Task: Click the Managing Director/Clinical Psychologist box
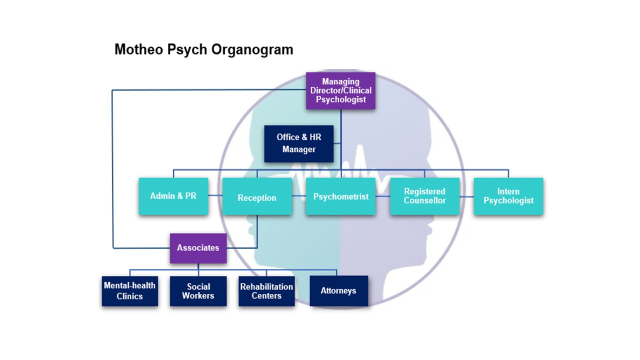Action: click(340, 90)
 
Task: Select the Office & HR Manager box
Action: click(298, 143)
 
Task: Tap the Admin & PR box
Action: click(173, 196)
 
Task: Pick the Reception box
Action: click(257, 197)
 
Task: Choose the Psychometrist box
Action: click(340, 196)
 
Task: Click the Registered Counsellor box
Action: click(424, 196)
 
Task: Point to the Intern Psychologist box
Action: click(508, 196)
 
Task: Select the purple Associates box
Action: click(198, 248)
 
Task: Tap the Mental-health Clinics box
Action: click(130, 291)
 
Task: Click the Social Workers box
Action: click(198, 291)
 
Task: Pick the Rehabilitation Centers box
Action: click(266, 291)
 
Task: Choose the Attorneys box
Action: click(338, 291)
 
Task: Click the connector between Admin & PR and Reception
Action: click(215, 195)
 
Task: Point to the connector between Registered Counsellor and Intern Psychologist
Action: click(466, 196)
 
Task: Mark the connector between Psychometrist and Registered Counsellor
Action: click(382, 196)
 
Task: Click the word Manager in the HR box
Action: click(299, 149)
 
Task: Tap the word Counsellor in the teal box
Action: click(424, 200)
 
